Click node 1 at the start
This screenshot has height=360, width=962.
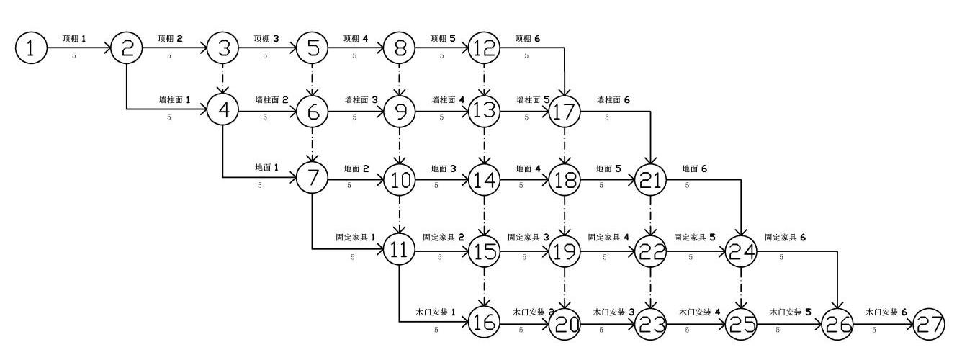30,49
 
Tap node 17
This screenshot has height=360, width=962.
565,112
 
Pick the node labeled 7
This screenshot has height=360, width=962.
312,177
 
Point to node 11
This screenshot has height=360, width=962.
398,249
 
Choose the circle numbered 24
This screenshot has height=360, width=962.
741,250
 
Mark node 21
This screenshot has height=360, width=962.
650,178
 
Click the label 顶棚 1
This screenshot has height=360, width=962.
74,38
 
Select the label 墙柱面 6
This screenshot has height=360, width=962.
613,100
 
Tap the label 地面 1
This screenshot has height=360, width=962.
266,167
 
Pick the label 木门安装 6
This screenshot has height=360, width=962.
886,313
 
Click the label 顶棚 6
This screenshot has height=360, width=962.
527,38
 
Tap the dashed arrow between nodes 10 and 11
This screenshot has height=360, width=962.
398,214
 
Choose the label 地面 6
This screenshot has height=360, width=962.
695,168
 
